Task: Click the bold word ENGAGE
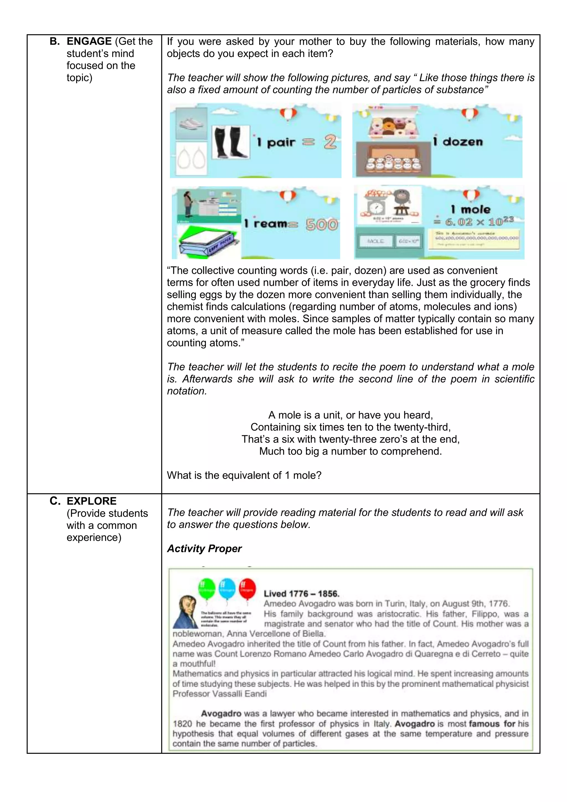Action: (89, 41)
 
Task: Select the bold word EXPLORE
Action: (91, 501)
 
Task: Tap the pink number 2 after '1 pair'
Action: (329, 142)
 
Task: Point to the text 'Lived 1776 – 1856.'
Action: (301, 593)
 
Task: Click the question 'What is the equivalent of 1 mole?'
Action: (244, 475)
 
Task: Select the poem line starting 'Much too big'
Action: (350, 451)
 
